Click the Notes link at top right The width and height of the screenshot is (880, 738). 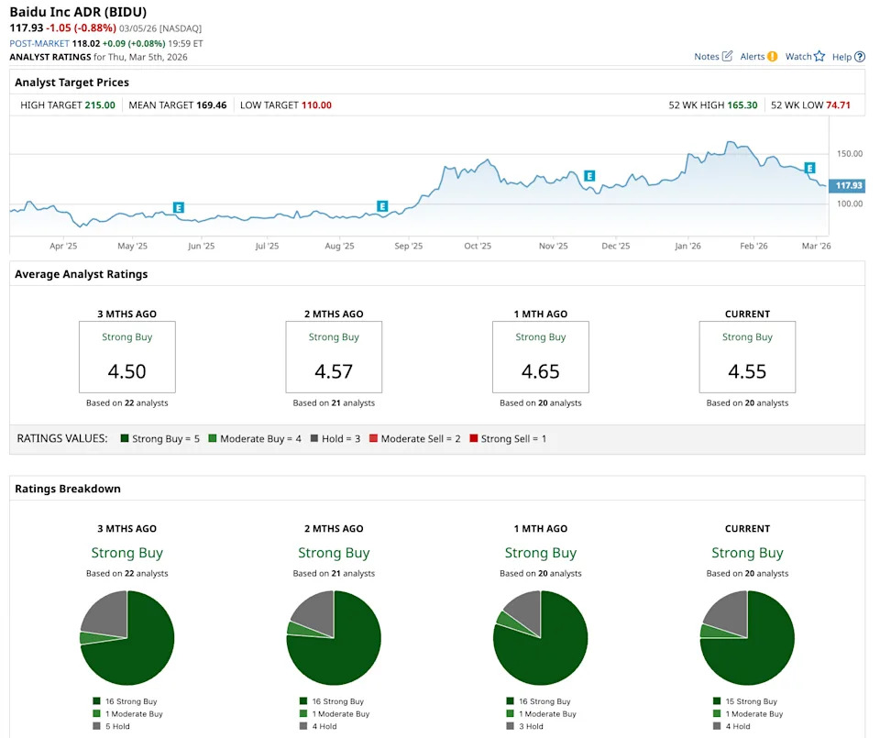[713, 57]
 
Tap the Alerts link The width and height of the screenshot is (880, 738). [758, 57]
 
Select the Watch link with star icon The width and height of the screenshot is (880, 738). [805, 57]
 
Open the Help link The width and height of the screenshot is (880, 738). [848, 57]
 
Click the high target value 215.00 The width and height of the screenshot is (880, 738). [100, 105]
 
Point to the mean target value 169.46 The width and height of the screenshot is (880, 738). [211, 105]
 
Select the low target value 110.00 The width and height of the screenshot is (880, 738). [316, 105]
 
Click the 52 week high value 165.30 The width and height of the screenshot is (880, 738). [742, 105]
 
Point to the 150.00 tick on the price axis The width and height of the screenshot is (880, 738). [849, 154]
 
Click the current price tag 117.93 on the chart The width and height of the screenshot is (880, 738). [849, 186]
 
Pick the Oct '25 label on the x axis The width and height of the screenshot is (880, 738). [478, 247]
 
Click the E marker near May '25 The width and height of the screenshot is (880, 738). [179, 208]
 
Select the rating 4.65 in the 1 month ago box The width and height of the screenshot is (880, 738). [540, 371]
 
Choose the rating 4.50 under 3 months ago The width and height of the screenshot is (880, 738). [126, 371]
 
